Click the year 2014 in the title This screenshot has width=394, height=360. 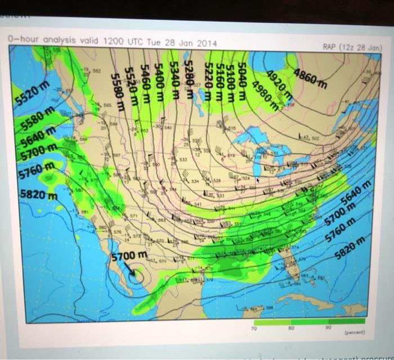click(x=207, y=43)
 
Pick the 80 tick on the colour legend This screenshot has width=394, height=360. click(x=291, y=327)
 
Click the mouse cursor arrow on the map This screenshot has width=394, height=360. click(x=258, y=180)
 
